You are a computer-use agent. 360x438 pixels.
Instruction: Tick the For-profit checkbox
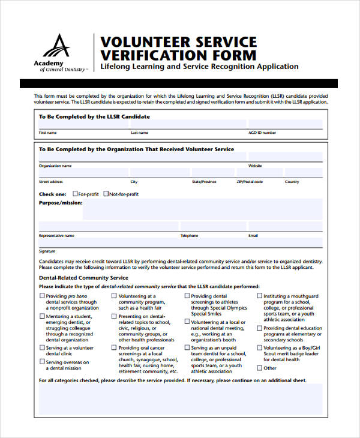click(75, 194)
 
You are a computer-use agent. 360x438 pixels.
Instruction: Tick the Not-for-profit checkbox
click(106, 194)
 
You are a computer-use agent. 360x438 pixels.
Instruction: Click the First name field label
click(48, 132)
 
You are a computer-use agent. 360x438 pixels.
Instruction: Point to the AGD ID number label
click(262, 132)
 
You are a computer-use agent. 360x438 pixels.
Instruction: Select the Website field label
click(255, 165)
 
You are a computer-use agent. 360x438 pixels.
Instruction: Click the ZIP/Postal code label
click(249, 181)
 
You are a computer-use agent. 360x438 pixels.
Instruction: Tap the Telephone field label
click(189, 236)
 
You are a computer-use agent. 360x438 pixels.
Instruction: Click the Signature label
click(47, 251)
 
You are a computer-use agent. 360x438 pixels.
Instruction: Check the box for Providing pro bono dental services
click(42, 296)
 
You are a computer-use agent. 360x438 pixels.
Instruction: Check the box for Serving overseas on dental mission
click(42, 362)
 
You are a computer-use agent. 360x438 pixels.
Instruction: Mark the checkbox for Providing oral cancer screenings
click(114, 347)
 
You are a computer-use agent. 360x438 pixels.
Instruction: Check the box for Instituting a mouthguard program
click(260, 296)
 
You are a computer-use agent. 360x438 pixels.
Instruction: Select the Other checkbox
click(260, 368)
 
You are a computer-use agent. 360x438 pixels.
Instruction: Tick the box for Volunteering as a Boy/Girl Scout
click(260, 347)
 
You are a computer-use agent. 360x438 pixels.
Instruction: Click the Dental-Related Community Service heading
click(83, 278)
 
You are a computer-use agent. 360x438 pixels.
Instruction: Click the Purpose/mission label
click(60, 203)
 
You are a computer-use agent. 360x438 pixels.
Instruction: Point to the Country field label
click(292, 181)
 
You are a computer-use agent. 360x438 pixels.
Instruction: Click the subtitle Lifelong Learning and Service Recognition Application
click(199, 67)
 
